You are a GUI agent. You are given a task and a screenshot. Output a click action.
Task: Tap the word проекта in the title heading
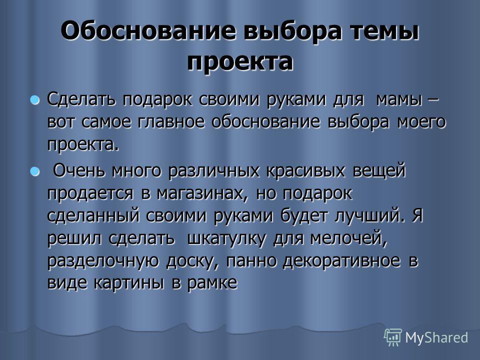240,62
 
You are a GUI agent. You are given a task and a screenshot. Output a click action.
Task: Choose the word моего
421,122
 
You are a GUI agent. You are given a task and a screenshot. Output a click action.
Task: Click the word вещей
379,171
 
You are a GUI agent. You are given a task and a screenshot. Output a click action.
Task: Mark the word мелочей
348,239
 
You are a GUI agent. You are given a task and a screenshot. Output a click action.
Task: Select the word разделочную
103,261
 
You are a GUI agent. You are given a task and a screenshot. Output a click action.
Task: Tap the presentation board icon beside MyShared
393,337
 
